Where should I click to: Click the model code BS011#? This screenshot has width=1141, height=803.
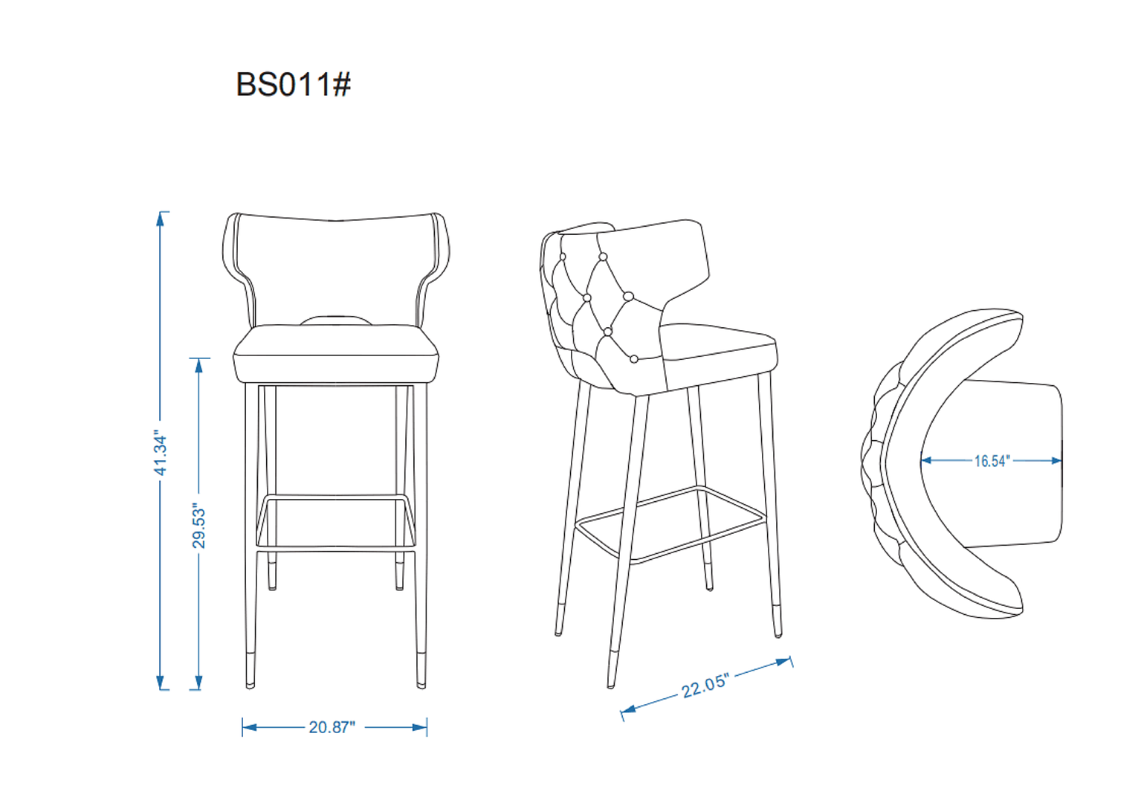coord(293,85)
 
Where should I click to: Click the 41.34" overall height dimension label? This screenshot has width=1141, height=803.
coord(161,452)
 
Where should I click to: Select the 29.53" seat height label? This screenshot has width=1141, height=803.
coord(198,526)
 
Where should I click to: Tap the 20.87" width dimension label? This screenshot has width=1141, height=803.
coord(332,727)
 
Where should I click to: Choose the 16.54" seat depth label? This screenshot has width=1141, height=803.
coord(992,461)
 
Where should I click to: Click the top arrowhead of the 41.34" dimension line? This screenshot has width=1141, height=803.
coord(160,218)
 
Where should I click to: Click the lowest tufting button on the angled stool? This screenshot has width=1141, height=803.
coord(634,359)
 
